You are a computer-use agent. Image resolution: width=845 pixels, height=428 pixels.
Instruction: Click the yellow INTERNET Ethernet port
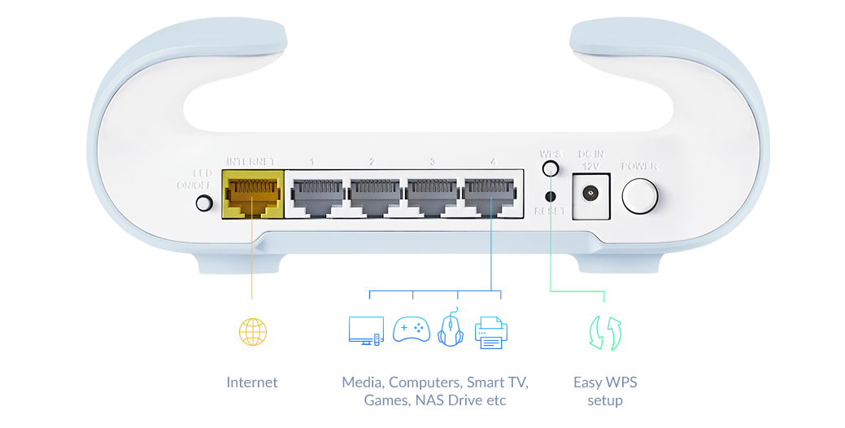coord(251,194)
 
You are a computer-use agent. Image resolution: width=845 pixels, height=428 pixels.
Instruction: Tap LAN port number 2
coord(373,195)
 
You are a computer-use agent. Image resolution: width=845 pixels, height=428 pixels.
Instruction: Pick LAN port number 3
coord(431,195)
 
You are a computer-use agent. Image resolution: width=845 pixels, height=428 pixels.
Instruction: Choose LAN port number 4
coord(490,195)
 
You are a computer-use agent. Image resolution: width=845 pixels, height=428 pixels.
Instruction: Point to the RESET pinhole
coord(551,196)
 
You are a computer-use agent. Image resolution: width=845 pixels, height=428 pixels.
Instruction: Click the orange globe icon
coord(252,331)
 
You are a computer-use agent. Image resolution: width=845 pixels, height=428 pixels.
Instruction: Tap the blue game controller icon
coord(412,330)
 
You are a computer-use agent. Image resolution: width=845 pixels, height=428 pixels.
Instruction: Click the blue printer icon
coord(491,332)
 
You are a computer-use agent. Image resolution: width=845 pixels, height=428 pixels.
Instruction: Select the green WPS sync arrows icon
coord(605,333)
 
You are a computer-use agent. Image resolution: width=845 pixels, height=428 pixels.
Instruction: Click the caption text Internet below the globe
coord(252,382)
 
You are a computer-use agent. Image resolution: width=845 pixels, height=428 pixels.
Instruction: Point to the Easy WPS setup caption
coord(605,391)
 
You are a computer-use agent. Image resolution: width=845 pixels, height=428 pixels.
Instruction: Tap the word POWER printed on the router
coord(639,167)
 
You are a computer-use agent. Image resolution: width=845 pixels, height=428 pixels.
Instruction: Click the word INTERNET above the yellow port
coord(251,161)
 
